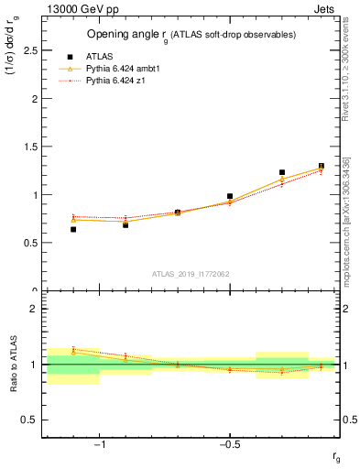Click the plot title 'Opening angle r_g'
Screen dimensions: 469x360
click(x=127, y=35)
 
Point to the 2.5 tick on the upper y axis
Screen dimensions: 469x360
click(x=32, y=50)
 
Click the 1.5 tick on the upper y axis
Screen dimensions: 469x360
click(x=32, y=147)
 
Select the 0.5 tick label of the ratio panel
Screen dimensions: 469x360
click(x=32, y=420)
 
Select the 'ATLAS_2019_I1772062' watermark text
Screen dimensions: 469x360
click(x=191, y=274)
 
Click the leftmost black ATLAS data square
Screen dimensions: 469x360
click(x=73, y=229)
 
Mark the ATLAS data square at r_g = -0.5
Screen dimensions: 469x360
click(x=230, y=196)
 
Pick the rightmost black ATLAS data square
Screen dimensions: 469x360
click(x=322, y=166)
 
